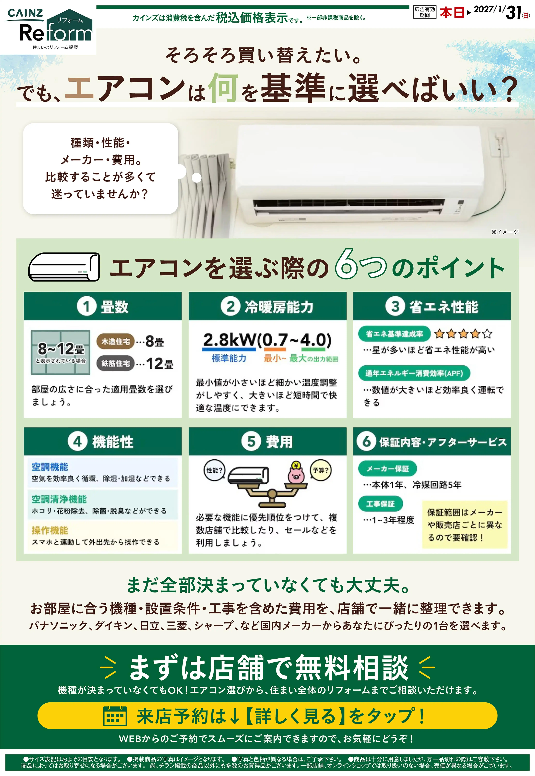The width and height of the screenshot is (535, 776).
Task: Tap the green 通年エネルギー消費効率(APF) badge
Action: (414, 373)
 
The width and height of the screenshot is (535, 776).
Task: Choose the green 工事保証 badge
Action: (380, 504)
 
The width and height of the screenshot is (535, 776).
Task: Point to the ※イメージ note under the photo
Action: (505, 232)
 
